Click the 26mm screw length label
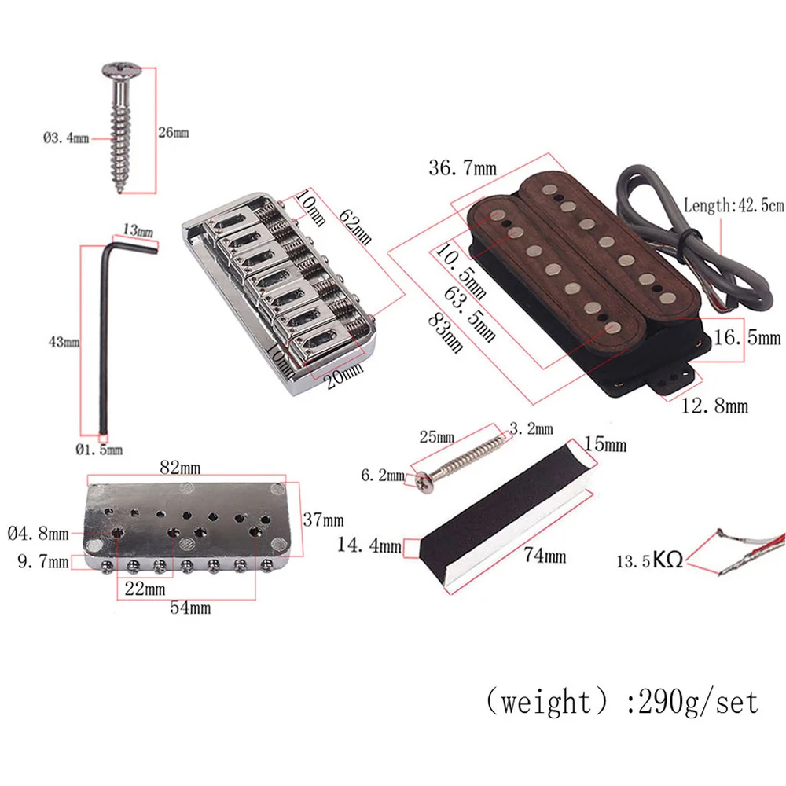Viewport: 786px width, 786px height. tap(174, 132)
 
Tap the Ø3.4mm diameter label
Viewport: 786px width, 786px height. tap(66, 138)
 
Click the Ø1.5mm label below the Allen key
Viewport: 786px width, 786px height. tap(99, 450)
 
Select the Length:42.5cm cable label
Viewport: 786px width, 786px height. tap(733, 206)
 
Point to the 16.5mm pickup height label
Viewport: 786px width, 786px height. tap(747, 338)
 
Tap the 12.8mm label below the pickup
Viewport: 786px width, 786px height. tap(714, 406)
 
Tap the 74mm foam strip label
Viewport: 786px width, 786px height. tap(545, 556)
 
